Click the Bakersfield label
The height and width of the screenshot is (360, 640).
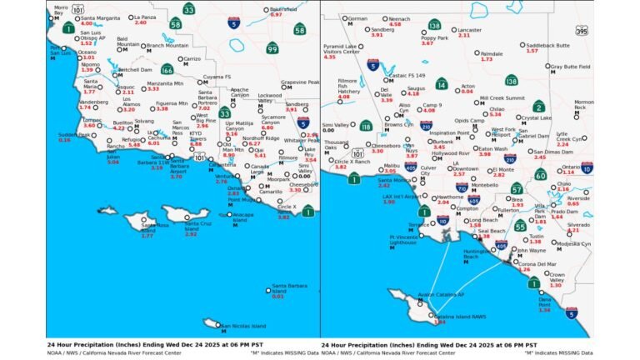pos(287,8)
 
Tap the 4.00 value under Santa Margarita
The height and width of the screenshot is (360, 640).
pos(86,23)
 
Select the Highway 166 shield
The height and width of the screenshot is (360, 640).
pos(167,70)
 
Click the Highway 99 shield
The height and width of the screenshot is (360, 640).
pos(272,49)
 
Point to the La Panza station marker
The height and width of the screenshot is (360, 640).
pos(131,17)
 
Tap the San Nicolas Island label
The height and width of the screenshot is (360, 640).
pos(244,326)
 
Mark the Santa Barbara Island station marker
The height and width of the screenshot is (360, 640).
pos(269,288)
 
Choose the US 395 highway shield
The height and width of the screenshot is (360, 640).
pos(581,31)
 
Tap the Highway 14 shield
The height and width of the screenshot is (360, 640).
pos(441,83)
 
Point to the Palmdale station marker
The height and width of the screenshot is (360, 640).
pos(477,53)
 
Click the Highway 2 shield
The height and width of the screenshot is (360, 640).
pos(538,106)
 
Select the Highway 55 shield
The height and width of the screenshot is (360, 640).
pos(520,226)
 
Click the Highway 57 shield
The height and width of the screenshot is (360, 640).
pos(517,188)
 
